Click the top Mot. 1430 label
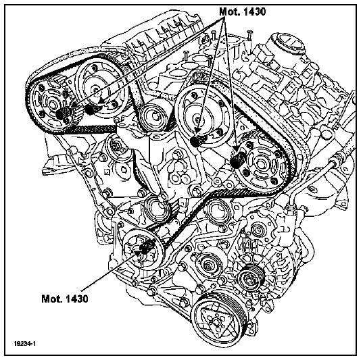[x=242, y=11]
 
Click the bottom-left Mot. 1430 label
[x=65, y=299]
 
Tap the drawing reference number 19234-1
[x=24, y=343]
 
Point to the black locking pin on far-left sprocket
[x=62, y=113]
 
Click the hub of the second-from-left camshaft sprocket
[x=95, y=90]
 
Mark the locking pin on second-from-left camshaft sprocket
[x=90, y=109]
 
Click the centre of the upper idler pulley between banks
[x=153, y=118]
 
